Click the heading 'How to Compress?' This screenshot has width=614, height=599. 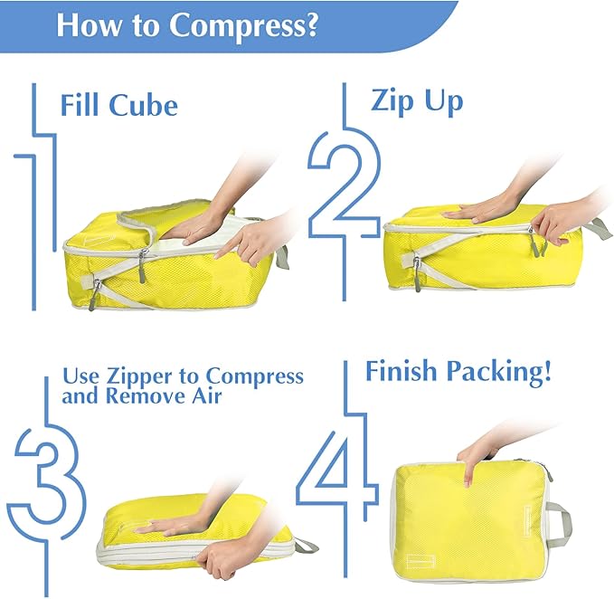click(186, 24)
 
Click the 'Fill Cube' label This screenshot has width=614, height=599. click(118, 105)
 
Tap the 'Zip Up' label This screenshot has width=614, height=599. click(416, 100)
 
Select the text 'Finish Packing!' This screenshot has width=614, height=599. click(458, 371)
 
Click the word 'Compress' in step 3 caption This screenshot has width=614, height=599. click(255, 376)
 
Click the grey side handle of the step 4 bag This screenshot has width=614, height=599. click(559, 522)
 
